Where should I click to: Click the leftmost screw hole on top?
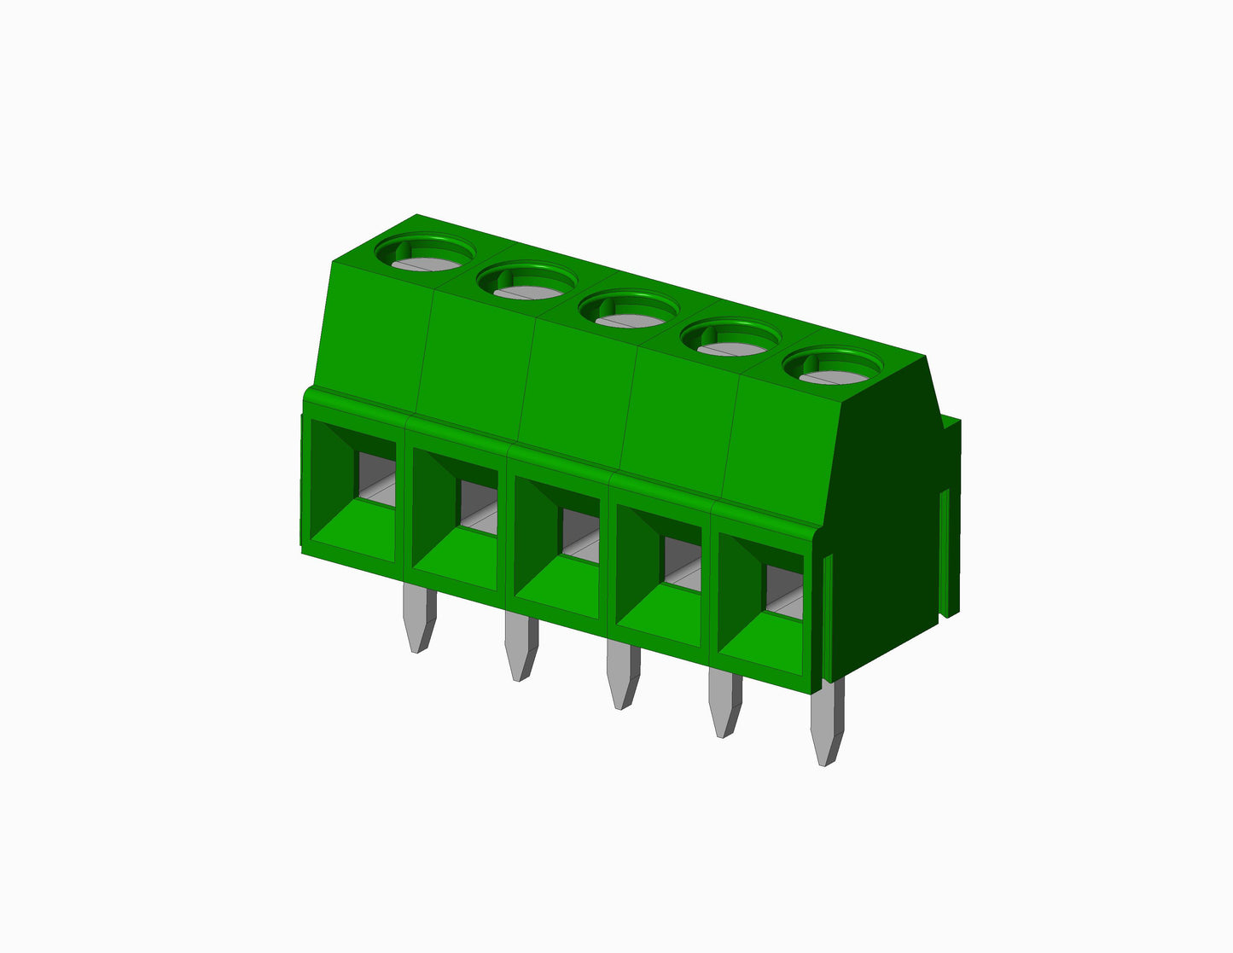point(424,255)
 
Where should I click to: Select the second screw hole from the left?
point(526,282)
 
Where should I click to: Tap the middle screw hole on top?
point(629,310)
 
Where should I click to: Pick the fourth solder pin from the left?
point(725,705)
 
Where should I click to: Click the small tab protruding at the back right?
point(951,512)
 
